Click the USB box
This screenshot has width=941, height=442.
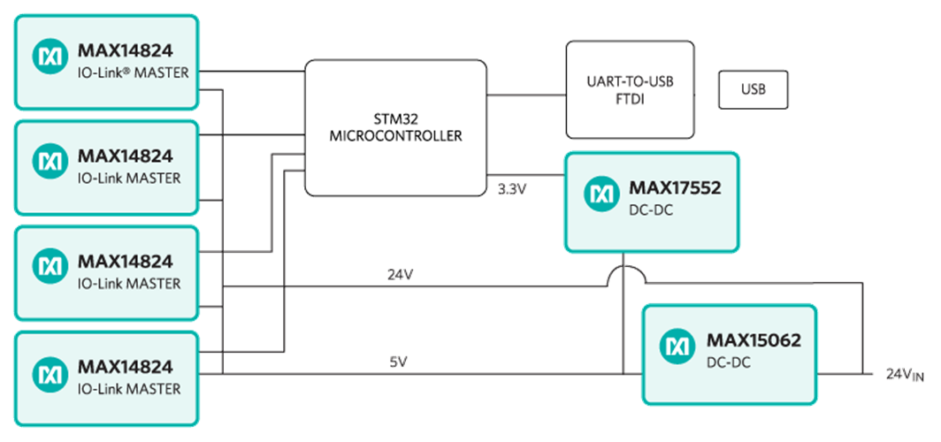(x=752, y=89)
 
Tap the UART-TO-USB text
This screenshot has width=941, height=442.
(x=629, y=81)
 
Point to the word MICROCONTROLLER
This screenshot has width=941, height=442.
(x=394, y=136)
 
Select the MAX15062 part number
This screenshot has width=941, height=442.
(x=747, y=339)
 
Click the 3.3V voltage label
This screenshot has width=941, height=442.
(x=511, y=188)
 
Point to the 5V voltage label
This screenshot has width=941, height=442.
(x=399, y=362)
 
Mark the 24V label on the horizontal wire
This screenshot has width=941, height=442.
(x=400, y=275)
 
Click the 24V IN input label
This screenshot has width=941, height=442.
(x=904, y=375)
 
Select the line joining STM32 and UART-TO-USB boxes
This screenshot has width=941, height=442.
(x=526, y=93)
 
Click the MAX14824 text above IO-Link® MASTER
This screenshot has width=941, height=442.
(x=125, y=50)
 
